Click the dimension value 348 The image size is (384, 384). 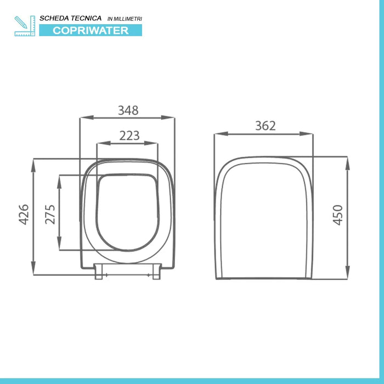pos(128,110)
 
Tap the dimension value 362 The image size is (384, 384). pos(265,126)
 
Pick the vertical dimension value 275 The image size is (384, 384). pos(50,214)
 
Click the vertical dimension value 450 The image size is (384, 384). pos(337,215)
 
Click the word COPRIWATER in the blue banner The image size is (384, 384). pos(91,31)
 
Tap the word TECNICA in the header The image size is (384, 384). pos(86,19)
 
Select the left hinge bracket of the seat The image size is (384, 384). pos(99,272)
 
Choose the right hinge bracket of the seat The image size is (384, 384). pos(156,272)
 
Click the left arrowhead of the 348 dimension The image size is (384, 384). pos(83,117)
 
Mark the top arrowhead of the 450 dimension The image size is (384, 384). pos(347,160)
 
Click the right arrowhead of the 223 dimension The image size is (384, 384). pos(155,144)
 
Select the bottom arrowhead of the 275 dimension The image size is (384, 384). pos(59,247)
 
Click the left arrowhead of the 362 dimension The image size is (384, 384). pos(217,133)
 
